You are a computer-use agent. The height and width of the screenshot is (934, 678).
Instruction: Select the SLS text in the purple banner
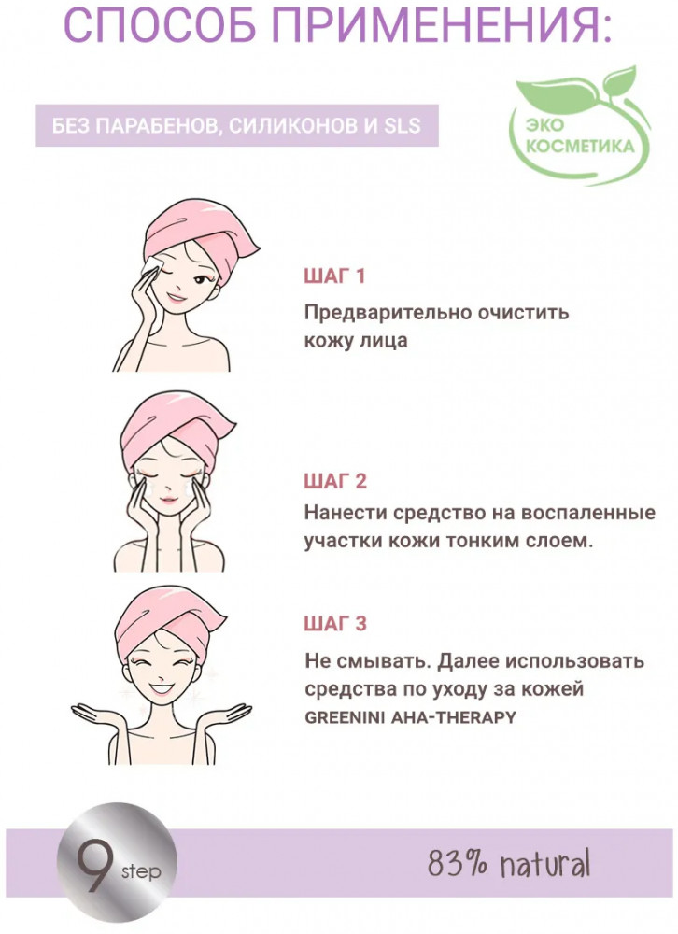(402, 126)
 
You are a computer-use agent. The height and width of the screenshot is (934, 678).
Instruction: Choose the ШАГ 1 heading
(334, 276)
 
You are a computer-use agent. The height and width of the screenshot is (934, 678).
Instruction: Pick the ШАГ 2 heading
(335, 481)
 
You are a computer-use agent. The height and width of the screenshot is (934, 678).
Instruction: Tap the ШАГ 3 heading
(335, 624)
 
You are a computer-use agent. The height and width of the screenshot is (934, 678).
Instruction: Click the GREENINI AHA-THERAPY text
(410, 717)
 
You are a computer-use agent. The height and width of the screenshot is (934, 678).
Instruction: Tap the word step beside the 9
(141, 872)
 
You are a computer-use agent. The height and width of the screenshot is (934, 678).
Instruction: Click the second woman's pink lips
(169, 499)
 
